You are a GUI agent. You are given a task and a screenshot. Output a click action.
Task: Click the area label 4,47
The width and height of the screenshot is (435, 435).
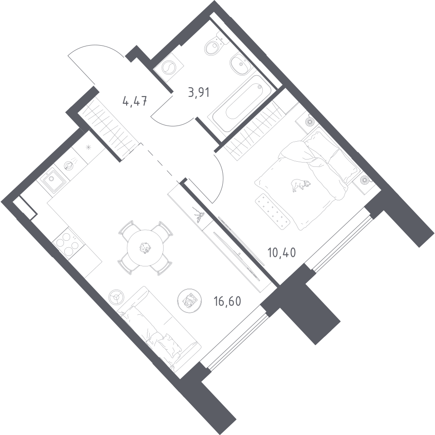pyautogui.click(x=134, y=101)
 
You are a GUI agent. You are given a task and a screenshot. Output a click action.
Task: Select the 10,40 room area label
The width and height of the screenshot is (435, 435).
pyautogui.click(x=282, y=252)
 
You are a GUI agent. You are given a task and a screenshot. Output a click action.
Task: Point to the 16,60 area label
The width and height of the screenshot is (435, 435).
pyautogui.click(x=227, y=301)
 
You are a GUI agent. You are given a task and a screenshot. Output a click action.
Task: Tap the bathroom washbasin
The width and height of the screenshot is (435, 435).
pyautogui.click(x=241, y=64)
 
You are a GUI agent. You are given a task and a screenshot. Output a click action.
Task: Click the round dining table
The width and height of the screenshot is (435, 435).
pyautogui.click(x=145, y=248)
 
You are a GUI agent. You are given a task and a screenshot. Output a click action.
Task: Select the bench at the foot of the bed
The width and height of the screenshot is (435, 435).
pyautogui.click(x=273, y=211)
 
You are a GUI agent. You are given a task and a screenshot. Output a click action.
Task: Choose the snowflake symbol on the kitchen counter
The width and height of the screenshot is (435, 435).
pyautogui.click(x=88, y=148)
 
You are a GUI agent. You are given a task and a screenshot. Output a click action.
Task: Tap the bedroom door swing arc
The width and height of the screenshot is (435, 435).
pyautogui.click(x=221, y=178)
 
